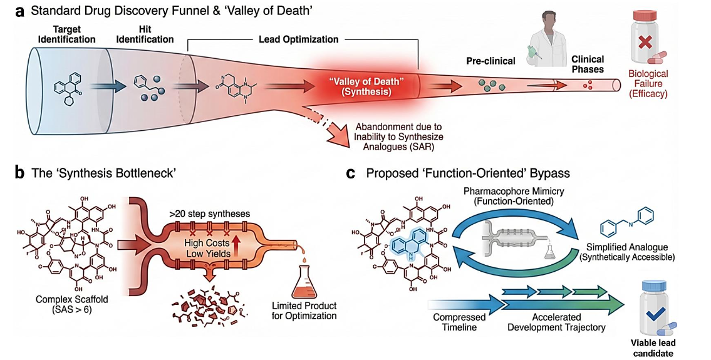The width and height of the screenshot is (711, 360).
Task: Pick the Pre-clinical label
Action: (490, 61)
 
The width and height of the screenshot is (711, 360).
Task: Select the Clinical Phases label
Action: (586, 64)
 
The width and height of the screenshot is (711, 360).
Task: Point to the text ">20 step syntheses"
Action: (209, 214)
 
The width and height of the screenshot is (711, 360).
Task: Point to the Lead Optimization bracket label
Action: (298, 39)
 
